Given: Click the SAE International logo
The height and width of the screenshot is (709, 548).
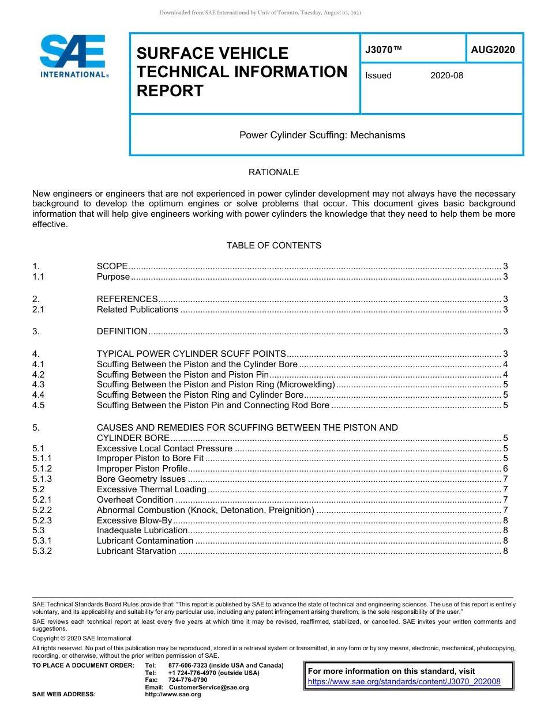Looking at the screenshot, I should click(74, 56).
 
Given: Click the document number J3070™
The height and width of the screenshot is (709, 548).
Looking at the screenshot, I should click(383, 50).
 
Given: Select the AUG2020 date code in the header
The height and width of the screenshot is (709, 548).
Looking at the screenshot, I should click(493, 50).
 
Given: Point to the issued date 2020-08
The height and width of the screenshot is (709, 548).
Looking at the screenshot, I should click(446, 76).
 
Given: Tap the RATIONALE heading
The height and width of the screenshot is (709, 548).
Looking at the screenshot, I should click(273, 172).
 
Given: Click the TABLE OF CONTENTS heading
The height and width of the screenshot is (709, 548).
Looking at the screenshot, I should click(273, 246).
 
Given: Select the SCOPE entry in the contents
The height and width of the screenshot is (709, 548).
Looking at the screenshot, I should click(112, 266).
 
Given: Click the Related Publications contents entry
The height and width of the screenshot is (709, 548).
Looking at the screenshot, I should click(137, 310).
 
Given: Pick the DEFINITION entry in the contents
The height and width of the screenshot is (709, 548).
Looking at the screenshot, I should click(122, 331).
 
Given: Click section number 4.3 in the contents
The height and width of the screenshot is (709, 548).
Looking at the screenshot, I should click(39, 384).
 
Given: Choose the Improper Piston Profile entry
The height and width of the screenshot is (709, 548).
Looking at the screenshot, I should click(142, 469).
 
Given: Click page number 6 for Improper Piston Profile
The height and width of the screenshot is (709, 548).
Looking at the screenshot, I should click(505, 469).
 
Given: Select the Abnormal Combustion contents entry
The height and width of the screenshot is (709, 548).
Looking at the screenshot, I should click(205, 510).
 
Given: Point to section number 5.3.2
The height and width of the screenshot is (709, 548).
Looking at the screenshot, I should click(42, 551).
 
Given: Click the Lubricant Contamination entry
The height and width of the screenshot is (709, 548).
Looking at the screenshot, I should click(145, 541).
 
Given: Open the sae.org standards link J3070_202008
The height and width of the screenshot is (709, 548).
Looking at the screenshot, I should click(404, 682).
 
